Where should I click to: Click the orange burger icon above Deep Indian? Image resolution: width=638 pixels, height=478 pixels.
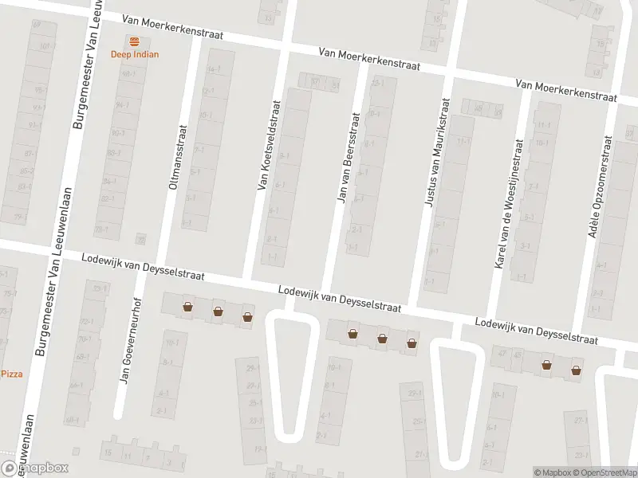point(134,41)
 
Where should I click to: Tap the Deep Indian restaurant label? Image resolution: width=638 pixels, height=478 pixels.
point(134,54)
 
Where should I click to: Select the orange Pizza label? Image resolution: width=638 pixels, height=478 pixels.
point(12,374)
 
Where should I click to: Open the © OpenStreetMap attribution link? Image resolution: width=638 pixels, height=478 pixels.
point(602,473)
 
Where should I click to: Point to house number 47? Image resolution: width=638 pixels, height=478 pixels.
point(502,353)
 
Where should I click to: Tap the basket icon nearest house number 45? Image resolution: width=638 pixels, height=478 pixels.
point(547,366)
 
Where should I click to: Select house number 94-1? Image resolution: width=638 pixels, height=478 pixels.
point(122,104)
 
